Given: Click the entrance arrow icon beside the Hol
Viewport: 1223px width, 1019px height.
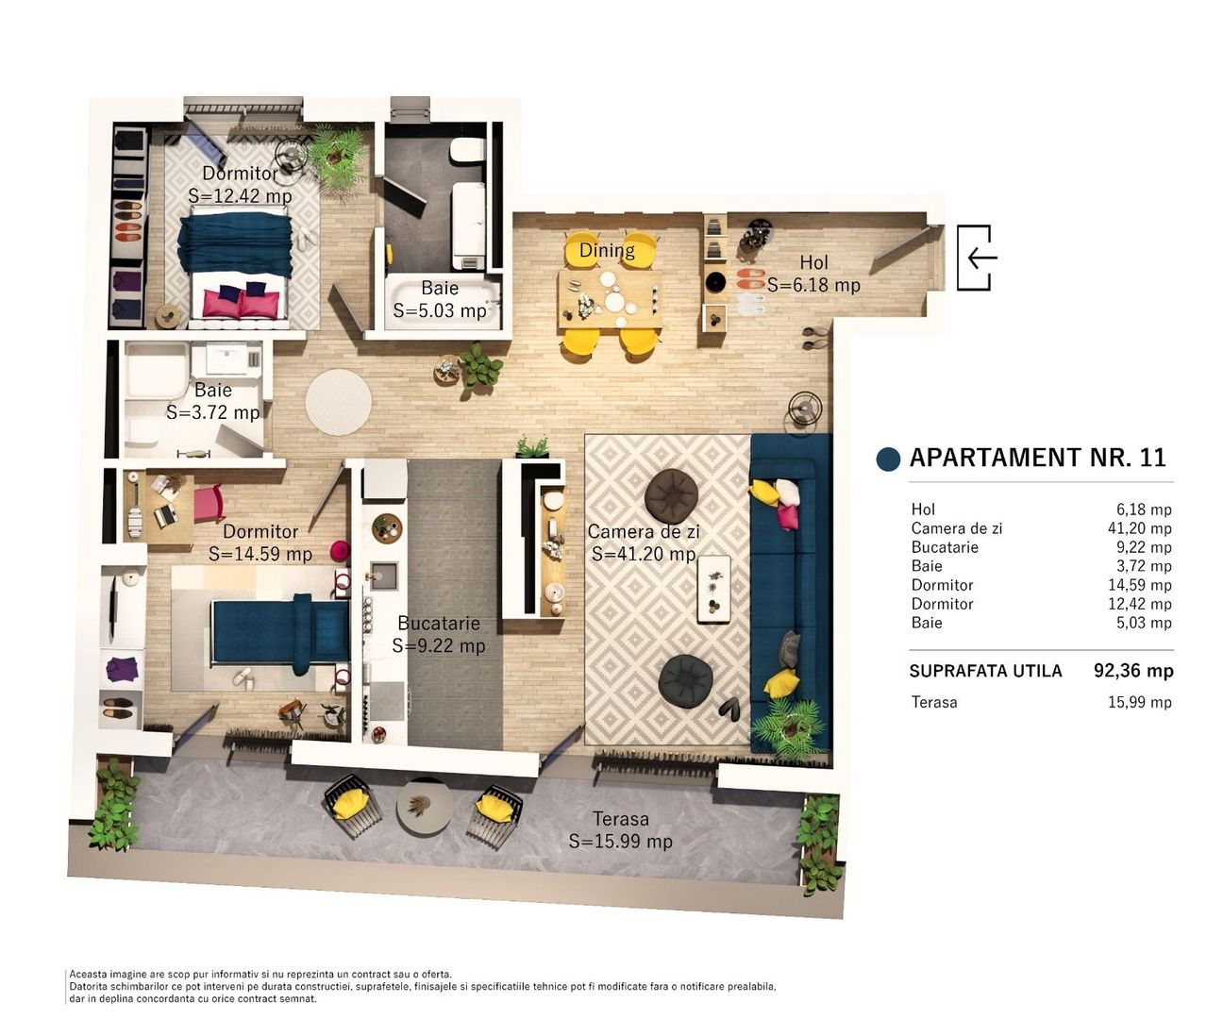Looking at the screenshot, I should tap(976, 257).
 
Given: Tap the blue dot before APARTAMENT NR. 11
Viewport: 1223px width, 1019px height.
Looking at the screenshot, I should tap(888, 459).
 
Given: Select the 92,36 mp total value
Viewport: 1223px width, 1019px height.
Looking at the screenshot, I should tap(1133, 671).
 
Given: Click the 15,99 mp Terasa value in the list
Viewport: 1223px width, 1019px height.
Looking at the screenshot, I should tap(1139, 702).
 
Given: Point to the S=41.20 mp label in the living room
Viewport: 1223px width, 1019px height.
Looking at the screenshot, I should tap(644, 555).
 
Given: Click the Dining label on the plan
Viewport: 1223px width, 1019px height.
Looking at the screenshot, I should tap(607, 250).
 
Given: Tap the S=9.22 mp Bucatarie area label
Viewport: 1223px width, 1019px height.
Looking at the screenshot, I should tap(439, 646).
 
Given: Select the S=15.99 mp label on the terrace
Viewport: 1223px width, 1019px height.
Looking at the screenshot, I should tap(620, 841).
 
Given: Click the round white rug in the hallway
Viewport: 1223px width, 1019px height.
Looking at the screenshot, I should tap(338, 402).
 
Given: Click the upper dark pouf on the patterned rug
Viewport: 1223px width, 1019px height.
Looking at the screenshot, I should tap(672, 494).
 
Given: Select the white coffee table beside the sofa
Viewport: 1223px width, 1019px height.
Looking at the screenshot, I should tap(713, 589).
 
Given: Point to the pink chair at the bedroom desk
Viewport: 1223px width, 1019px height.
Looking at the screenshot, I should tap(209, 504).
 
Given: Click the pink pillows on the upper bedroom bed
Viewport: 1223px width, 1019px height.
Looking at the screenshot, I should tap(242, 303).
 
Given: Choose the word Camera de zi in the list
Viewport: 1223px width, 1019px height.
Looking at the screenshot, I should tap(956, 528).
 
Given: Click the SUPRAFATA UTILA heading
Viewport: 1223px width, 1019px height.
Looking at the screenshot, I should tap(985, 671).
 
